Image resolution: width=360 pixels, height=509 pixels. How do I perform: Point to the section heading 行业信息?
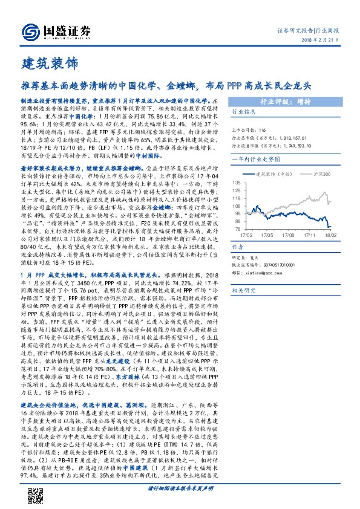tap(244, 112)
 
